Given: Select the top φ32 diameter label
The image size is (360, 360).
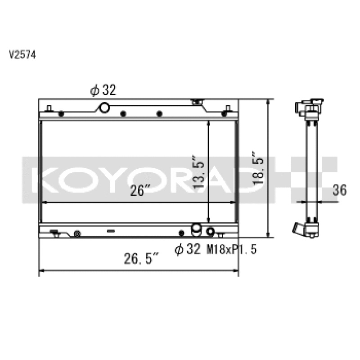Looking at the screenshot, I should tap(103, 90).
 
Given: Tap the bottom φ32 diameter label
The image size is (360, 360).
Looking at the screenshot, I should tap(187, 250).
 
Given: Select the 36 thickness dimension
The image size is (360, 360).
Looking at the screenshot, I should tap(340, 190).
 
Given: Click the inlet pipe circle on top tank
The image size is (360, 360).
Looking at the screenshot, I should tap(104, 108).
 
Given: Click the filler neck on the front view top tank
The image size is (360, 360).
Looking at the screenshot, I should tap(196, 103).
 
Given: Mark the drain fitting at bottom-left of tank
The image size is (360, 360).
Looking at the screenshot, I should tap(56, 233).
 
